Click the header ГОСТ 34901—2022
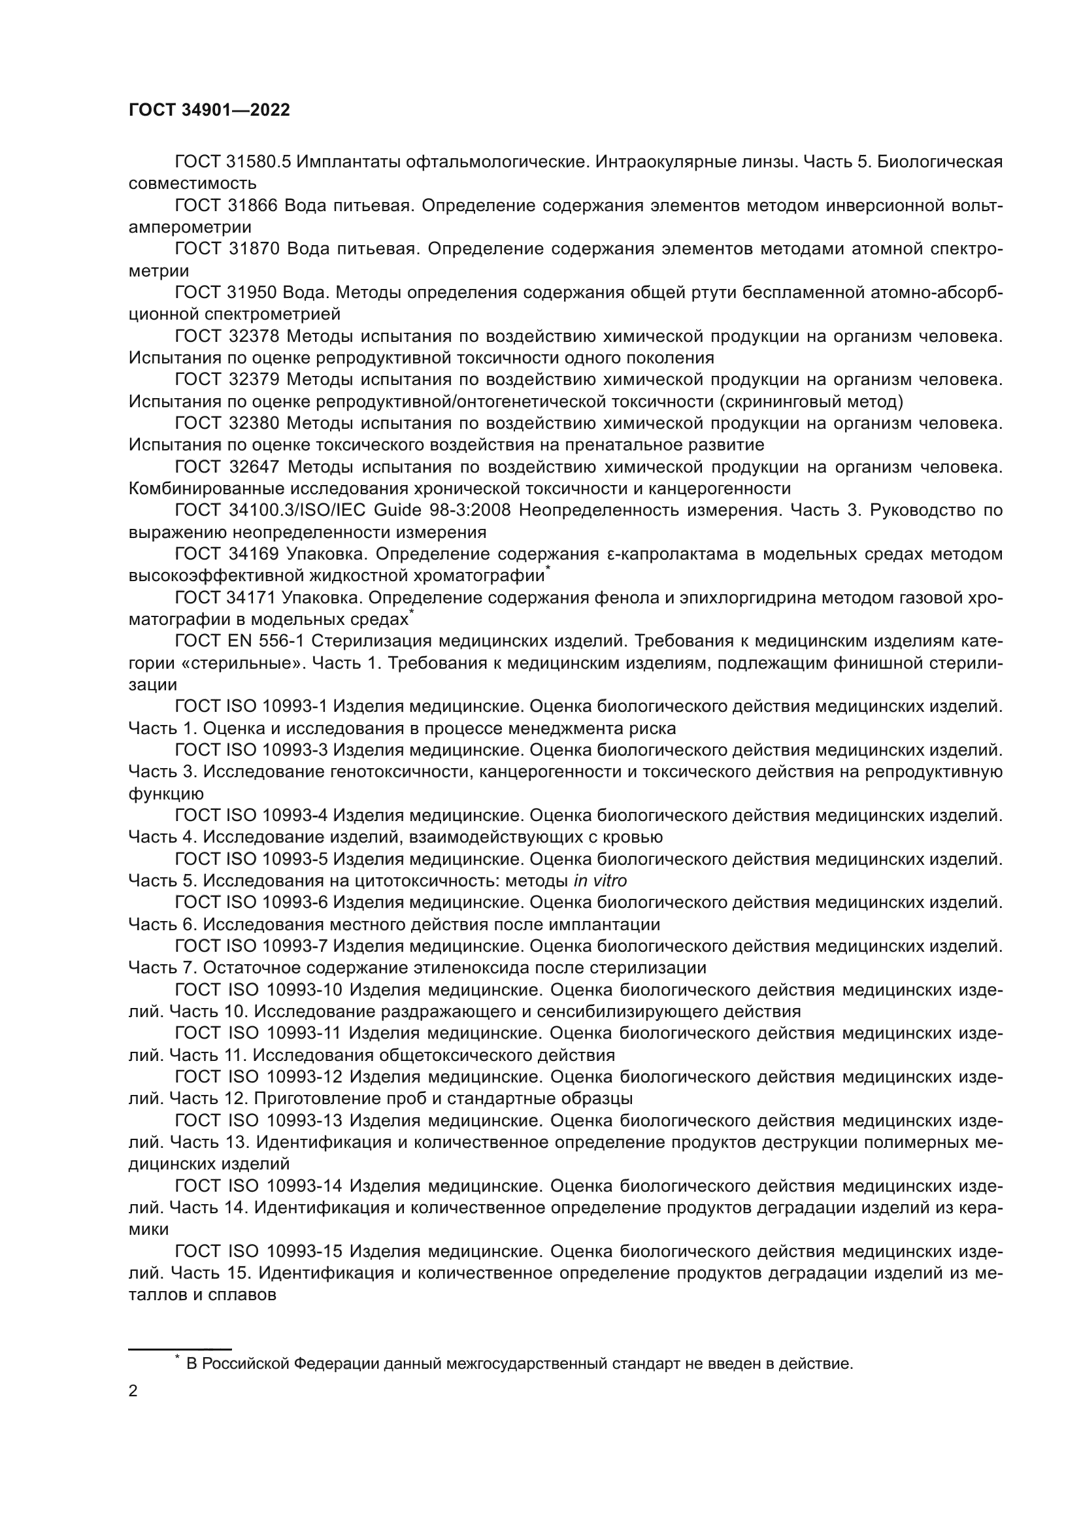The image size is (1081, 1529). [209, 110]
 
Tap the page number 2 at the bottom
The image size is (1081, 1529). [133, 1392]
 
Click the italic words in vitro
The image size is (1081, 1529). [600, 881]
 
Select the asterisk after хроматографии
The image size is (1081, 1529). [548, 568]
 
